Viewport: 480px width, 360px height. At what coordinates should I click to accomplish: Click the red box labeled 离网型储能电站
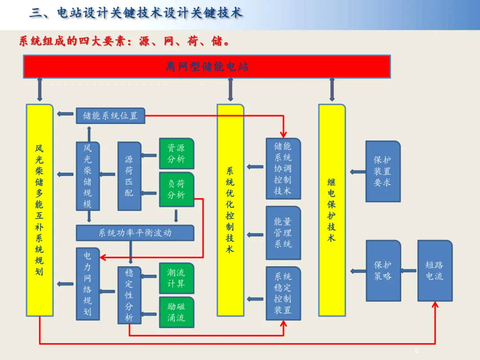(207, 66)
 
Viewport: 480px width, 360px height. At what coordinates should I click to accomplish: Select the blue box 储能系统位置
(111, 116)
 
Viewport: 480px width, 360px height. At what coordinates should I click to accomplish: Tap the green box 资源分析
(176, 153)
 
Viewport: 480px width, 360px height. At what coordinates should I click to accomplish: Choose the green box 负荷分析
(176, 189)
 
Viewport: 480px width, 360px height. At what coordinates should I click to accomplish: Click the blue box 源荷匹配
(129, 176)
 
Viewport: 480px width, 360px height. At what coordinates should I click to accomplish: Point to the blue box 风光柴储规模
(88, 176)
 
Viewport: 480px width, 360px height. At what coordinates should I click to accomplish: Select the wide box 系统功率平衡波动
(135, 233)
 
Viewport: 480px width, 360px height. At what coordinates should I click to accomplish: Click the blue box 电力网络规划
(88, 284)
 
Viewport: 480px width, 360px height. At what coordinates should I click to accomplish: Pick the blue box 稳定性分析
(129, 295)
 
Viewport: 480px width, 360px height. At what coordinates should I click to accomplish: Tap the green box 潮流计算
(176, 278)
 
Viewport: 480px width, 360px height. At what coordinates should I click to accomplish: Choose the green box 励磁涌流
(176, 312)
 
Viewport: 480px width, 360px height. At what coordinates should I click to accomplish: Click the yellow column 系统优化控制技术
(231, 210)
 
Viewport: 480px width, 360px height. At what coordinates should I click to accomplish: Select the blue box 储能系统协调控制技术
(283, 169)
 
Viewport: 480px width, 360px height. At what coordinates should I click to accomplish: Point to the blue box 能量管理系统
(283, 233)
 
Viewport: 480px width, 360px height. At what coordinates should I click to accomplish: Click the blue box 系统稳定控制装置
(283, 293)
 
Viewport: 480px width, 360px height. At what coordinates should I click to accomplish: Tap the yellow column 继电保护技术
(332, 210)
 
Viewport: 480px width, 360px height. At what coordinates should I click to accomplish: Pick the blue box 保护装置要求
(383, 172)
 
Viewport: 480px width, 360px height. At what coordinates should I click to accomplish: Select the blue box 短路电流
(435, 271)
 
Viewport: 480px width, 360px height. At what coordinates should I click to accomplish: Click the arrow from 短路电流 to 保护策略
(409, 271)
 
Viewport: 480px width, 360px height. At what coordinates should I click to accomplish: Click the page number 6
(416, 351)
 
